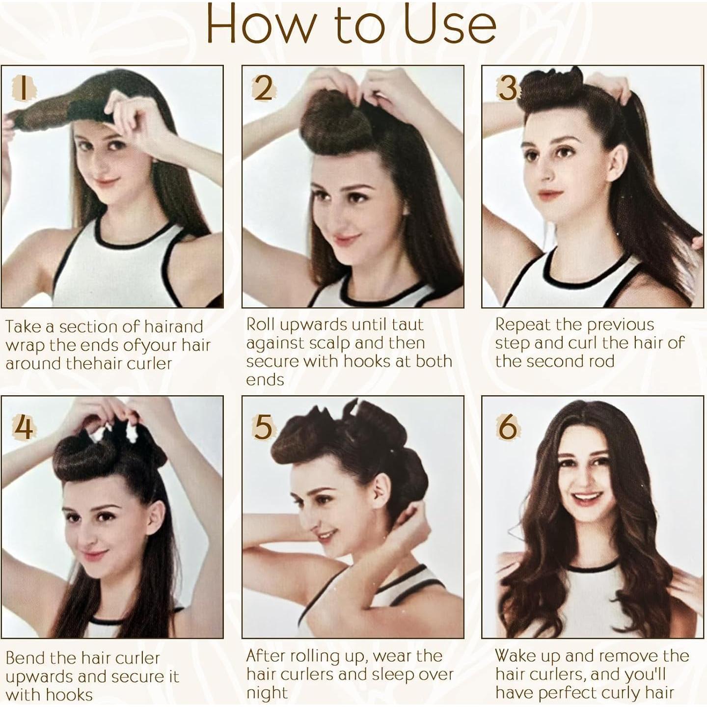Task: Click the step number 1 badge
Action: (x=23, y=88)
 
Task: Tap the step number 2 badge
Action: (x=264, y=88)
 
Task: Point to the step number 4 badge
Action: (x=24, y=426)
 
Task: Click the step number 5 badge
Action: (x=263, y=426)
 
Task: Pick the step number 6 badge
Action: (x=507, y=426)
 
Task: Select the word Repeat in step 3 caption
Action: (x=521, y=325)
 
